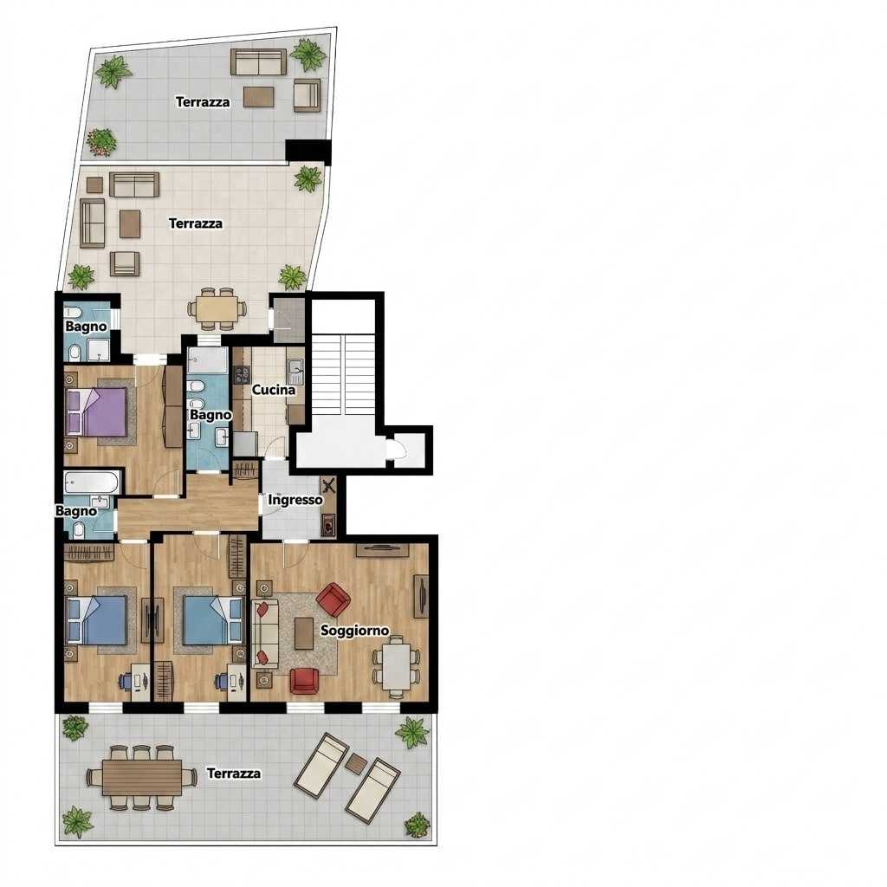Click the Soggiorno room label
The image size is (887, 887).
click(x=354, y=631)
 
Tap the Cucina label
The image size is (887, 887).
click(x=274, y=390)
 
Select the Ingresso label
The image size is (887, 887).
click(x=295, y=500)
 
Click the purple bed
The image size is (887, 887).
click(x=97, y=411)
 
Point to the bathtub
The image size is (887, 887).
click(x=91, y=482)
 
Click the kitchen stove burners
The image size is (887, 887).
click(x=243, y=375)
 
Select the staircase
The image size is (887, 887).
click(x=344, y=374)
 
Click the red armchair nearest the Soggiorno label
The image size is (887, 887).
click(x=333, y=599)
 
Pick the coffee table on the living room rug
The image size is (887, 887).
click(x=304, y=633)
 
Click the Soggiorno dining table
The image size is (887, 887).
click(x=397, y=667)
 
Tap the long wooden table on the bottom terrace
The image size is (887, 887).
click(x=142, y=777)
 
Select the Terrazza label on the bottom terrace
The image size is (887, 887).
click(x=234, y=774)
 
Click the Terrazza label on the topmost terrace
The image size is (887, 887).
click(x=203, y=102)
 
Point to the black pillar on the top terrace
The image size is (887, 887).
click(x=308, y=151)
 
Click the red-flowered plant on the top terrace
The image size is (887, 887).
click(x=102, y=141)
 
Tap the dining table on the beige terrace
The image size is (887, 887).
click(x=217, y=309)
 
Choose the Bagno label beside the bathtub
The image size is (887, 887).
click(x=76, y=511)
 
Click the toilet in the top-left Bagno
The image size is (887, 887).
click(x=74, y=353)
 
